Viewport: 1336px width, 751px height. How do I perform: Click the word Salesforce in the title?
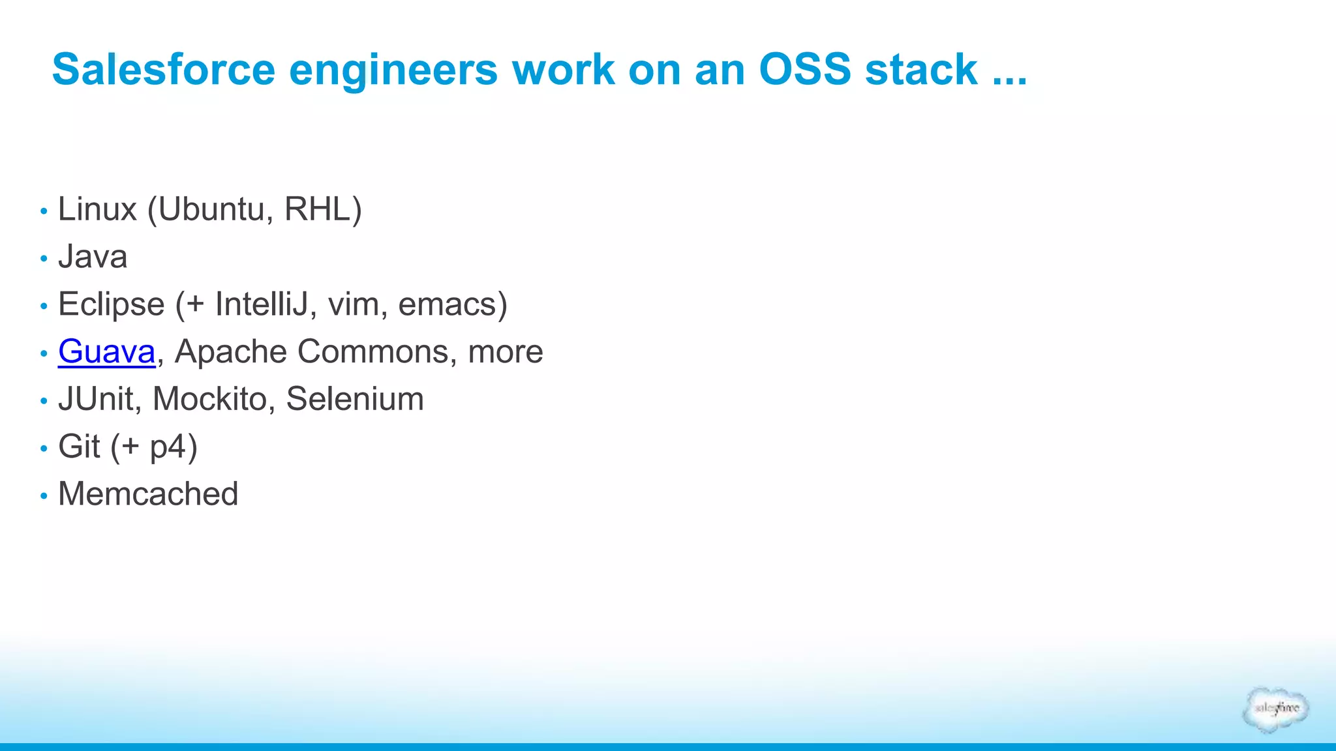tap(164, 69)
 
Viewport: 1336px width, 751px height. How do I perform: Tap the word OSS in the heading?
tap(805, 69)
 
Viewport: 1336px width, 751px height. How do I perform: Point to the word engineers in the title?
tap(393, 69)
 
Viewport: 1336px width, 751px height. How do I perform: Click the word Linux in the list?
tap(97, 209)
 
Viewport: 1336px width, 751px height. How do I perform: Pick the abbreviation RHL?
tap(318, 209)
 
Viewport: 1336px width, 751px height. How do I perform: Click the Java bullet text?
tap(93, 256)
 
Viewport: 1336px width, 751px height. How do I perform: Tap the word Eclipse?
tap(112, 304)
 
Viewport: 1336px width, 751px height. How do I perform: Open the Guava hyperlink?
tap(107, 351)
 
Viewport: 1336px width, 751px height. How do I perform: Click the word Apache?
tap(231, 351)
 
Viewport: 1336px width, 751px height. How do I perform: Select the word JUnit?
tap(96, 399)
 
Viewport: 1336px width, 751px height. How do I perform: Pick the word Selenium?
tap(355, 399)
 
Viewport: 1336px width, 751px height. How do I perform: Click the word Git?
tap(79, 447)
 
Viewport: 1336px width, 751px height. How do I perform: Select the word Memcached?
tap(148, 493)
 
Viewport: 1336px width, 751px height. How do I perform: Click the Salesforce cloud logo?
tap(1276, 709)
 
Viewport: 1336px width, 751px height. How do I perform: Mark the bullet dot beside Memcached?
tap(44, 496)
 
